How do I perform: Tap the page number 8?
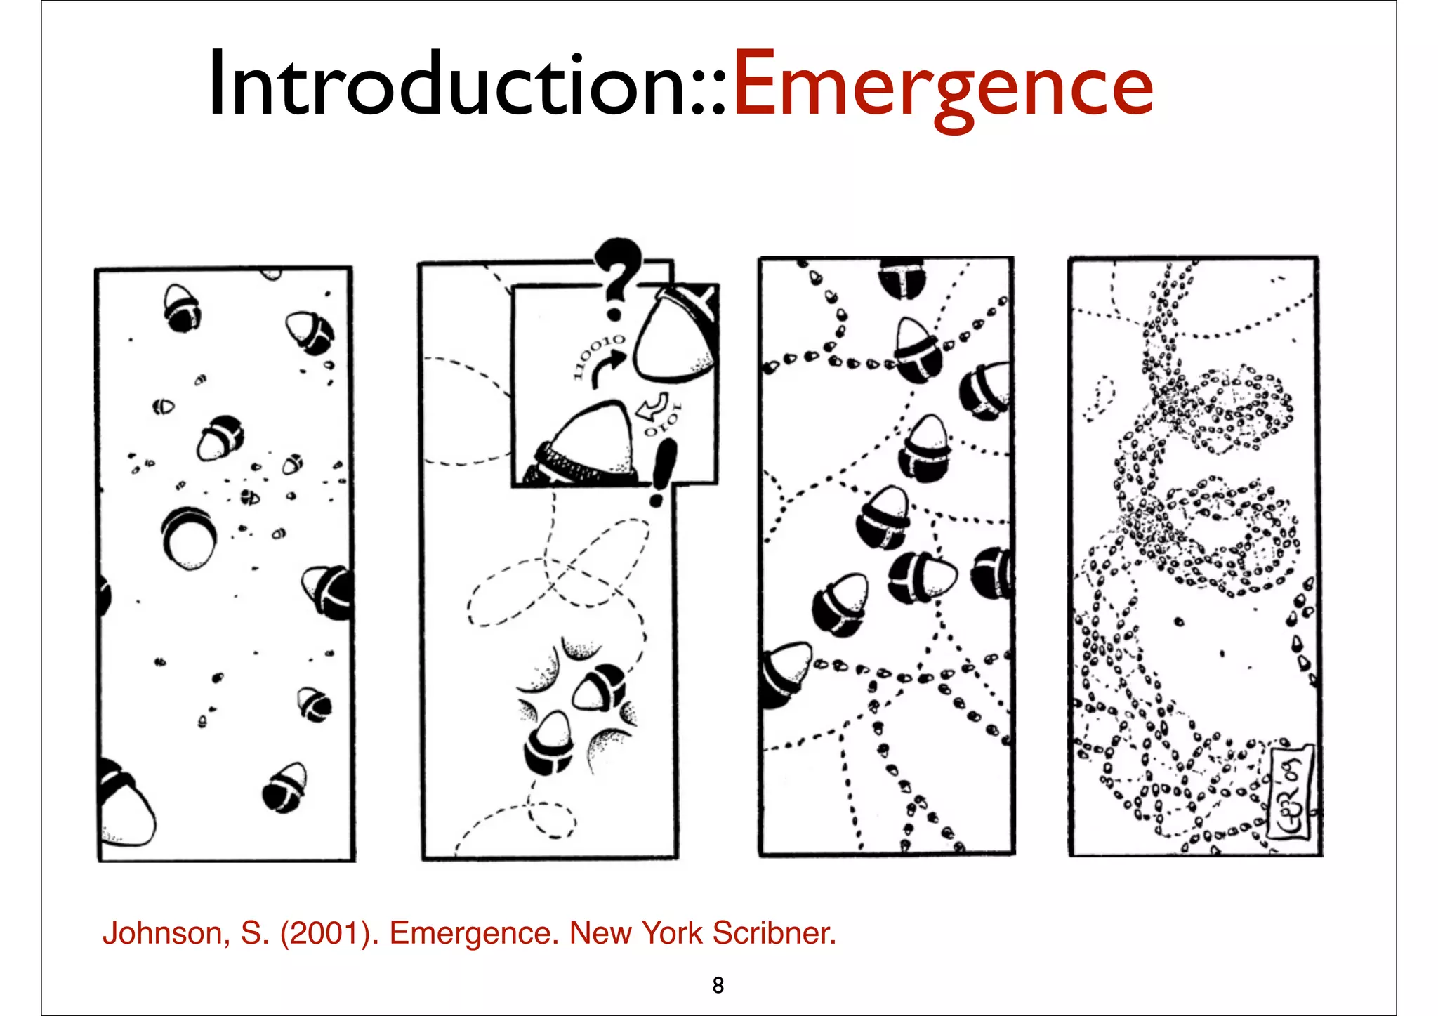[x=718, y=985]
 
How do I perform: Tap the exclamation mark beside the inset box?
[x=662, y=472]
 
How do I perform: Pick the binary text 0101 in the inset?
[x=664, y=421]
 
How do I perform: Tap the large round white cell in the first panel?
[x=188, y=539]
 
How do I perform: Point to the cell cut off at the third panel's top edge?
[x=902, y=277]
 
